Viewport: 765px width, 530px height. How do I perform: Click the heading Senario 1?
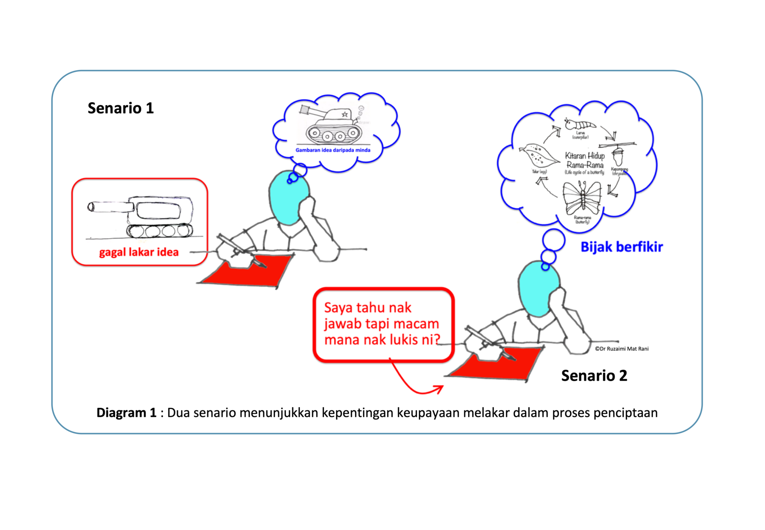click(121, 108)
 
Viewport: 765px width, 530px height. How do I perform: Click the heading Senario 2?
click(594, 376)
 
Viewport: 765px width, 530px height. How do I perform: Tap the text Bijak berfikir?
click(622, 247)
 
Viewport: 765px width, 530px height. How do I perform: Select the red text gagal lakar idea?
click(139, 252)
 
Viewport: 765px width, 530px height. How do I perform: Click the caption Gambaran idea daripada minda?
click(333, 150)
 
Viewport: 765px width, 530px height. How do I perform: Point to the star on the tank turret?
click(345, 114)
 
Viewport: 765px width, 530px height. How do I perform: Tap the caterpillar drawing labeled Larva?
click(580, 124)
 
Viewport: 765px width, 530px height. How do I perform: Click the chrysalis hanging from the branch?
click(618, 156)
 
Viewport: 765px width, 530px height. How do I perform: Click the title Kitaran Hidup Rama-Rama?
click(585, 160)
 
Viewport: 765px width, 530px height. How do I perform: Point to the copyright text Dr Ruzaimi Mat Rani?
click(622, 349)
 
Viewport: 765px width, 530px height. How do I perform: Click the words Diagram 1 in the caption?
click(126, 413)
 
